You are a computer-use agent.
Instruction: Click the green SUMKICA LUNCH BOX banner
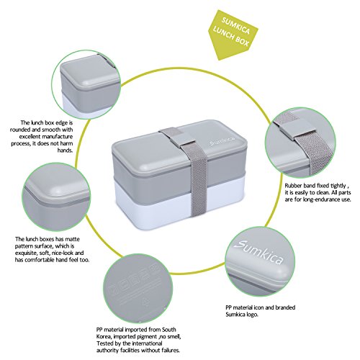[x=232, y=35]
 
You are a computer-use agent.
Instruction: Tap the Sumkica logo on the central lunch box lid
[x=222, y=141]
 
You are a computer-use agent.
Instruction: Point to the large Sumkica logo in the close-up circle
[x=258, y=252]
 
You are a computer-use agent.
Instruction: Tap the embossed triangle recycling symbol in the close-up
[x=145, y=302]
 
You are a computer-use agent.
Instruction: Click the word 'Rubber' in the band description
[x=293, y=186]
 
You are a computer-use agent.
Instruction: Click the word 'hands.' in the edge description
[x=65, y=150]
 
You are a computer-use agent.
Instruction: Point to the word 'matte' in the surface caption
[x=72, y=239]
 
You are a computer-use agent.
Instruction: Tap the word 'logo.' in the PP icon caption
[x=251, y=315]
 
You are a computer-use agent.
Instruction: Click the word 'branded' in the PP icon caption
[x=285, y=307]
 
